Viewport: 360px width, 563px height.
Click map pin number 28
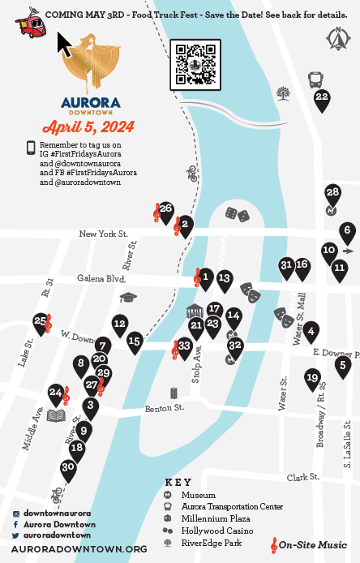coord(332,193)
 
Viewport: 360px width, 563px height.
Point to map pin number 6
coord(347,231)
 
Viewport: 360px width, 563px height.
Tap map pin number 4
coord(311,330)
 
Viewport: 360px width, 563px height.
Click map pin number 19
coord(312,377)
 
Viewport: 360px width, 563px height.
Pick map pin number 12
coord(119,324)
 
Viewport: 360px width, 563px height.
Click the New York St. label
coord(104,234)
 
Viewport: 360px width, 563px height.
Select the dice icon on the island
coord(236,215)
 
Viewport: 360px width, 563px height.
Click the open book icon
coord(56,416)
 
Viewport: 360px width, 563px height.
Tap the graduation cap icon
coord(126,299)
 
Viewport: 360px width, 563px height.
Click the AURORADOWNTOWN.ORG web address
coord(79,549)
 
